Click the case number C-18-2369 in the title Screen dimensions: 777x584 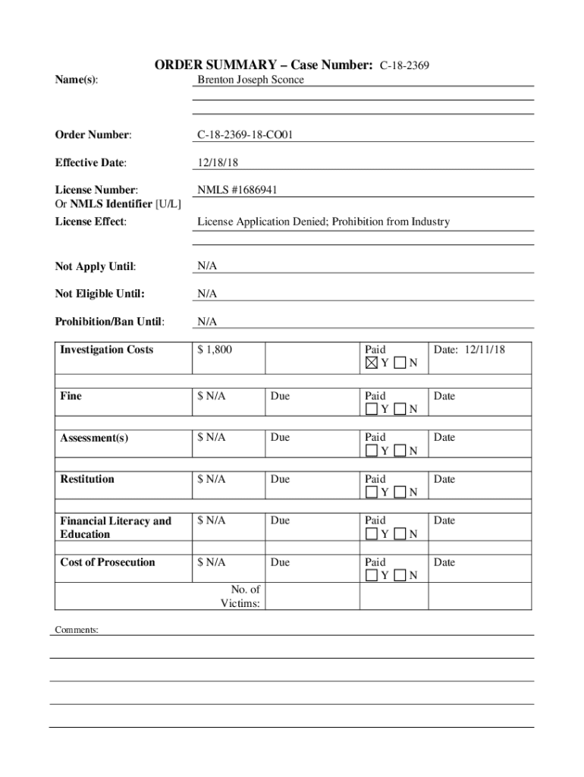tap(405, 66)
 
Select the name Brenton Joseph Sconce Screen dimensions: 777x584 tap(250, 80)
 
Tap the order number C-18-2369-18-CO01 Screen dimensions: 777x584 tap(245, 135)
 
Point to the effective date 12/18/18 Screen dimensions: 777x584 tap(218, 162)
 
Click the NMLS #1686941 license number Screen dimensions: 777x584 tap(237, 190)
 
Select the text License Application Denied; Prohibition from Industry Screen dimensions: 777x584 tap(323, 222)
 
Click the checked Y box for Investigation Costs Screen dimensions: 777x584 tap(372, 363)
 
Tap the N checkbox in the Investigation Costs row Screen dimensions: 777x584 tap(400, 363)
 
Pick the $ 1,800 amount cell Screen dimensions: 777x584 tap(215, 350)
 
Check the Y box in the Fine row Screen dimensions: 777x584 tap(372, 409)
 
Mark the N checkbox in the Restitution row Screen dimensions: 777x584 tap(400, 492)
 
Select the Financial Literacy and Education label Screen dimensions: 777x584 tap(116, 527)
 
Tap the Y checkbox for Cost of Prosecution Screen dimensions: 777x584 tap(372, 575)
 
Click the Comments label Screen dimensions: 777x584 tap(77, 630)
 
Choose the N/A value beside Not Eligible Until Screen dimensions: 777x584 tap(207, 294)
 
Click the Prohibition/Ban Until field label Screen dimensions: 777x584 tap(109, 322)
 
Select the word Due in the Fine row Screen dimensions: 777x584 tap(280, 396)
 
